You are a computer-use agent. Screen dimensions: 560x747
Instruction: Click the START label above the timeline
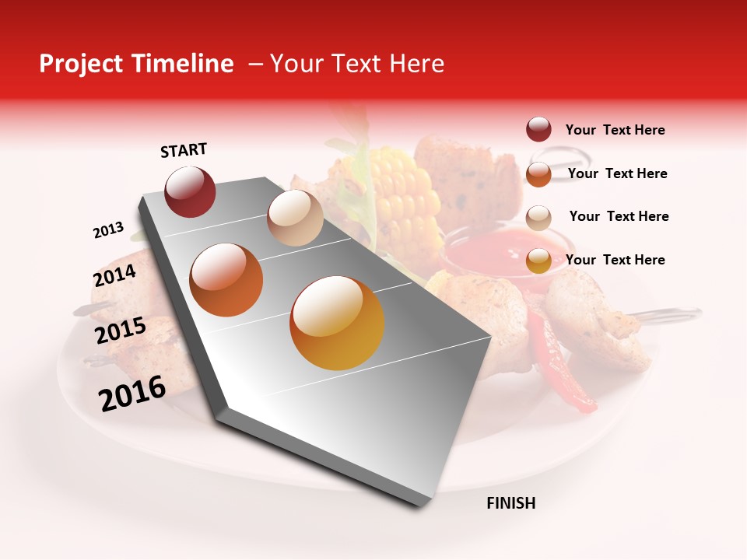click(184, 150)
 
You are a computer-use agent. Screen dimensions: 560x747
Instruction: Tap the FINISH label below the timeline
click(511, 503)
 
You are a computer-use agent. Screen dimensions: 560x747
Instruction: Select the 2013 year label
click(108, 230)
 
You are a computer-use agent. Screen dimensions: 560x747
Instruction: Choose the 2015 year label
click(121, 331)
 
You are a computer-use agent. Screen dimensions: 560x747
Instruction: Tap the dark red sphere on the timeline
click(190, 192)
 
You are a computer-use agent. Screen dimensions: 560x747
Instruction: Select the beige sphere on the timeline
click(295, 218)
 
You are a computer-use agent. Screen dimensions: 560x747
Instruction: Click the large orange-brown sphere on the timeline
click(226, 279)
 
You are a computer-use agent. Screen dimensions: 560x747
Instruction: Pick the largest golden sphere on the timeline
click(337, 323)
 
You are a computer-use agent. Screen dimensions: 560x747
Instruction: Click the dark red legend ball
click(538, 129)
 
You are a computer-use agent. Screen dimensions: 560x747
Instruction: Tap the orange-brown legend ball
click(538, 173)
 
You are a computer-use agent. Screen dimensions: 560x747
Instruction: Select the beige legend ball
click(538, 217)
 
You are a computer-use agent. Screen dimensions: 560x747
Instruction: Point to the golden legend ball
click(538, 261)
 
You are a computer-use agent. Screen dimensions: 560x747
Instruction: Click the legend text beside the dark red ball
click(615, 130)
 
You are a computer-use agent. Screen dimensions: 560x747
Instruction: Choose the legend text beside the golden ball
click(615, 260)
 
